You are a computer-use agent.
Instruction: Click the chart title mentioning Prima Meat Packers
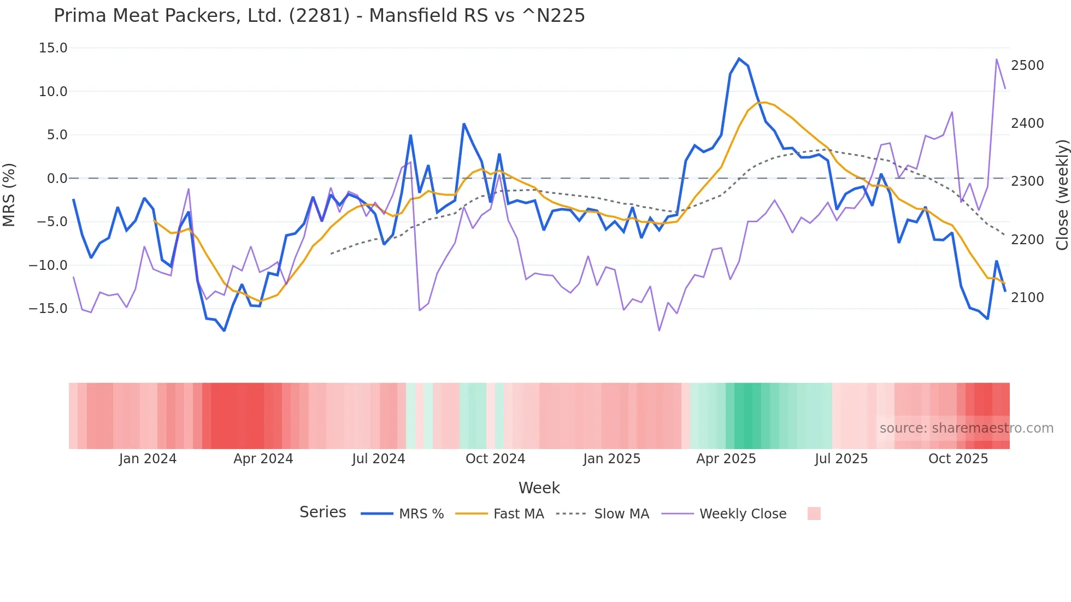tap(319, 16)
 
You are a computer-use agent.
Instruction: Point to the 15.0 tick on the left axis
tap(53, 48)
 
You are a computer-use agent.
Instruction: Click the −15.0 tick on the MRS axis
tap(48, 309)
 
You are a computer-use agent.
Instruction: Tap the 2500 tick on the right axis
tap(1027, 66)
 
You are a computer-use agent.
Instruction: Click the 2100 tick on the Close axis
tap(1027, 298)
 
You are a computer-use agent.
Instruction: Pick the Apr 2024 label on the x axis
tap(263, 459)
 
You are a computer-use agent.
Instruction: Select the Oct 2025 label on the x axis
tap(958, 459)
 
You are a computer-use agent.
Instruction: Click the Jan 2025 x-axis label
tap(611, 459)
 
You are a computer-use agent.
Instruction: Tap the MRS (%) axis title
tap(9, 195)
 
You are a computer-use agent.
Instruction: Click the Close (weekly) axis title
tap(1062, 195)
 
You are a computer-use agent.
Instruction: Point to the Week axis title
tap(539, 488)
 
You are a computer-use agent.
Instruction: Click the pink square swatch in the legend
tap(814, 514)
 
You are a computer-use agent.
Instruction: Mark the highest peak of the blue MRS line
tap(739, 58)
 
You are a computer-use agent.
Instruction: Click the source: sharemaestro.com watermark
tap(966, 428)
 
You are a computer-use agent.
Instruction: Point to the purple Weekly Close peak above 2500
tap(996, 59)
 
